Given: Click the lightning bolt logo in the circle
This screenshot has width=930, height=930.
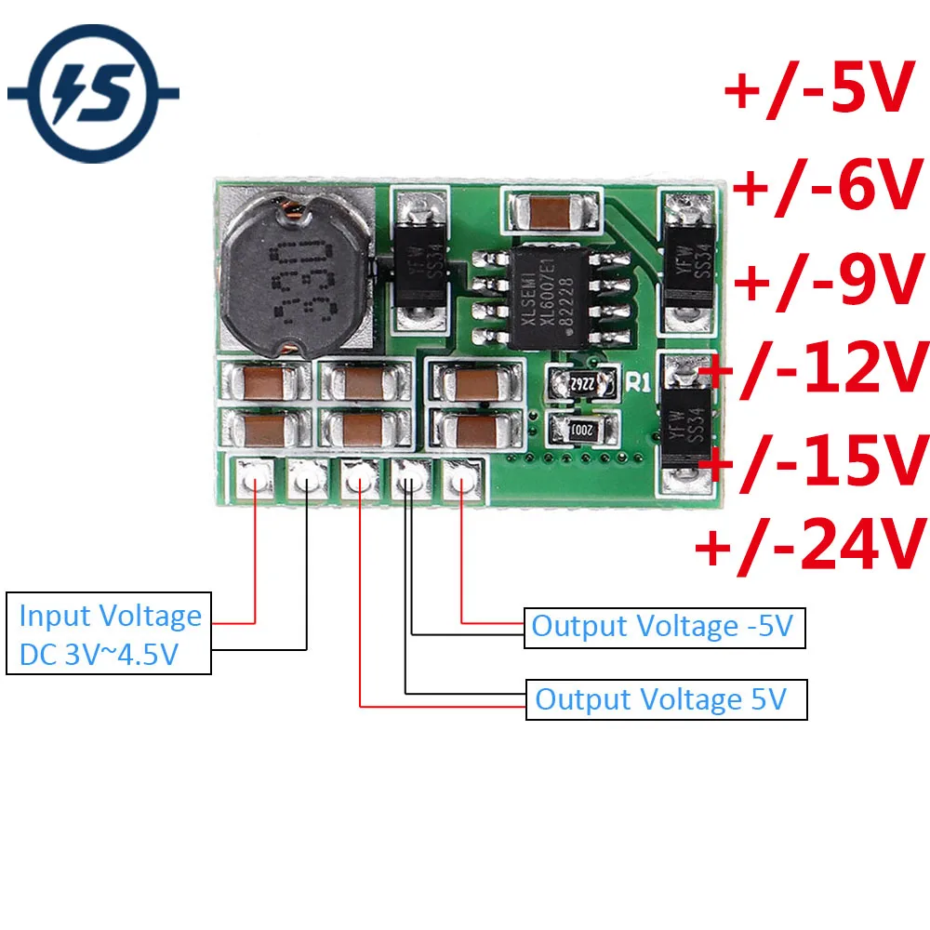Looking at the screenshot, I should (x=93, y=93).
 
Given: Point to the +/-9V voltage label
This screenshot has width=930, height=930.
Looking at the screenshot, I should (x=826, y=280).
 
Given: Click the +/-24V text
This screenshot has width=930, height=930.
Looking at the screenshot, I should (x=811, y=544).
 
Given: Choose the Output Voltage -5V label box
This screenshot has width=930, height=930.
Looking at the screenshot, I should (x=663, y=627).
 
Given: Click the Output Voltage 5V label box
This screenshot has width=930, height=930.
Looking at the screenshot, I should (x=666, y=699).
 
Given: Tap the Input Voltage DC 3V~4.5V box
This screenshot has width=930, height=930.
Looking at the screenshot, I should (x=110, y=635).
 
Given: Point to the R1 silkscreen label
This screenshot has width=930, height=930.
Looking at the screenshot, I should (x=637, y=380).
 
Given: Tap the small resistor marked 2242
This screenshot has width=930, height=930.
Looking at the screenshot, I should (x=581, y=382).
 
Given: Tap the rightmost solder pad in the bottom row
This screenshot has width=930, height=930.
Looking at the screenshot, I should (x=461, y=481).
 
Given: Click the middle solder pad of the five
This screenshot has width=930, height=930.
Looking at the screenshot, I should (x=358, y=481).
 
